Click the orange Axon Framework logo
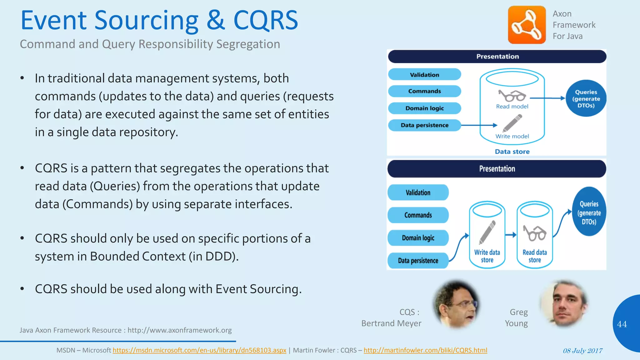pos(527,25)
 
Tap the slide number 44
pos(622,324)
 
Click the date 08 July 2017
pos(582,351)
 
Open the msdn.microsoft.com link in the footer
pos(199,350)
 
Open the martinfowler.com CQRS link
pos(425,350)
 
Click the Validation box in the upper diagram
pos(424,75)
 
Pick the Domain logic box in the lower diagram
pos(418,238)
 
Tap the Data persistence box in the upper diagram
pos(424,125)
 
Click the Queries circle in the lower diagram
pos(589,212)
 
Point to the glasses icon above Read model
pos(512,96)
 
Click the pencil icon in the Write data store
pos(487,232)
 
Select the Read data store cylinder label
pos(535,256)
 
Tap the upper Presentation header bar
pos(497,57)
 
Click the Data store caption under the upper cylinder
pos(512,152)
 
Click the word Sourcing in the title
pos(146,21)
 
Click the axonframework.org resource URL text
pos(179,330)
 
